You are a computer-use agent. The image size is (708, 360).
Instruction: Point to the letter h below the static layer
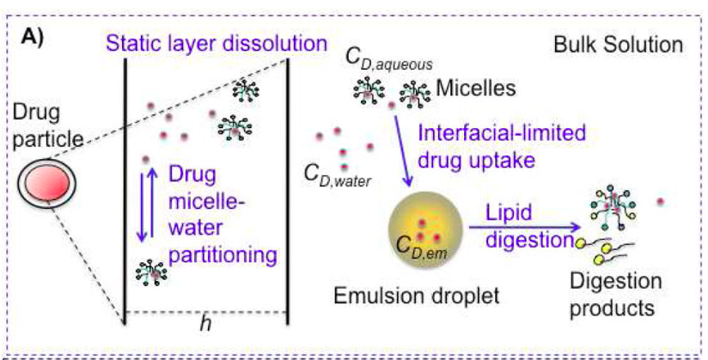(x=205, y=323)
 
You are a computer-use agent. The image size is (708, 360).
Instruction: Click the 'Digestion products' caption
(x=618, y=293)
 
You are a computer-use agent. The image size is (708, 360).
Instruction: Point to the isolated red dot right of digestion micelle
(x=660, y=201)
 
